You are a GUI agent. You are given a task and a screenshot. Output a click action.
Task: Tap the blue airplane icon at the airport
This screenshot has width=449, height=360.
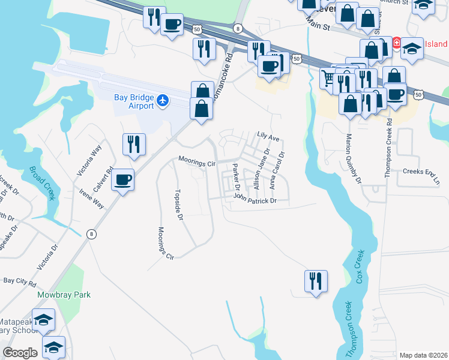[163, 100]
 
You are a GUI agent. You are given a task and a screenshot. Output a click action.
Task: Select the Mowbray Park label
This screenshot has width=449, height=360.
[64, 295]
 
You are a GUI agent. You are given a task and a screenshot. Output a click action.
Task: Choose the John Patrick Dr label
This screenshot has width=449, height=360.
[255, 198]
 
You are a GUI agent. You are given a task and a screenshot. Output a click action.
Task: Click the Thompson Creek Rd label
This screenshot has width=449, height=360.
[388, 147]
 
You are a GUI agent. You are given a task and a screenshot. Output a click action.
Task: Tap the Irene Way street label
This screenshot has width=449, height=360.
[91, 199]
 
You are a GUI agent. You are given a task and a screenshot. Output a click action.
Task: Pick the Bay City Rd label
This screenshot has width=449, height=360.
[20, 281]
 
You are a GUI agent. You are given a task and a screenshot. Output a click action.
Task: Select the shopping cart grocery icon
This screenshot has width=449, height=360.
[328, 78]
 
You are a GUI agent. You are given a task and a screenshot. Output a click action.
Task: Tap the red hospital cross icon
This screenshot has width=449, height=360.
[396, 43]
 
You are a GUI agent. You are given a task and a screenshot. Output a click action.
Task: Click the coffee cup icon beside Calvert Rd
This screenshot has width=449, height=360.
[122, 180]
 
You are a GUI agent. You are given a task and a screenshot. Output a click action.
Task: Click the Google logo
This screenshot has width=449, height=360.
[20, 353]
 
